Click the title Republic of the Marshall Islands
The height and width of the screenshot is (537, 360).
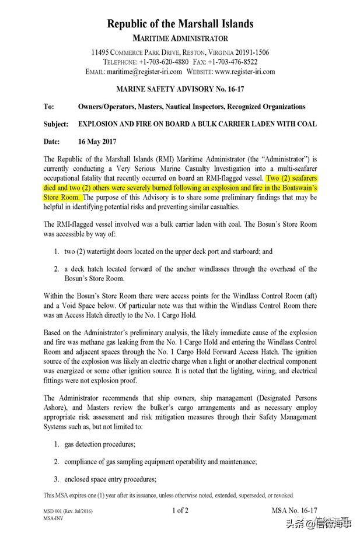180,24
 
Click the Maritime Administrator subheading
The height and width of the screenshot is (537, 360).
180,38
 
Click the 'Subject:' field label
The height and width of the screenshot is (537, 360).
56,124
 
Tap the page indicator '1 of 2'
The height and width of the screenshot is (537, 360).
180,511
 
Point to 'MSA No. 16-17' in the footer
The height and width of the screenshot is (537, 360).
295,511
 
